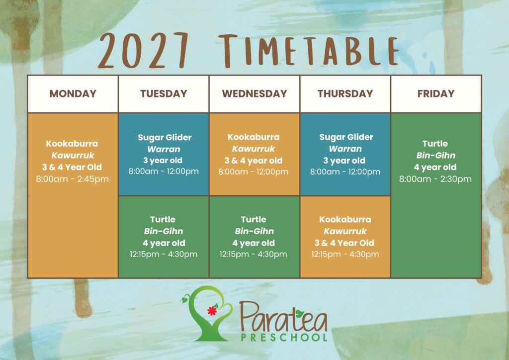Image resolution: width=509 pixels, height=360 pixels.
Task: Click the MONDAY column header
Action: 73,93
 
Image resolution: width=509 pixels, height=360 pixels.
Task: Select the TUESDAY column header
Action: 164,93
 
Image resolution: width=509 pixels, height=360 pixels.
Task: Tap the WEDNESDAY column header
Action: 254,93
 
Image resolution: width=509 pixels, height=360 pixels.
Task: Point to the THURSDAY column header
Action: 345,93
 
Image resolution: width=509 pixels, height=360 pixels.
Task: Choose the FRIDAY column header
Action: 436,93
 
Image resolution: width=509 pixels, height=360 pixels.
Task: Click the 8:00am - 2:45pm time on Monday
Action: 73,179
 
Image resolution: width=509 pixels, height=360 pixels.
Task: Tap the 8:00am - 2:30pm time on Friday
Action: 435,179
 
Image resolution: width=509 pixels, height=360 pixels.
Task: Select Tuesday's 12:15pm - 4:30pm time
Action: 164,254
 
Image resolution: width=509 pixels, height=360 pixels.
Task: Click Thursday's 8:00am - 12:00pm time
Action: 345,172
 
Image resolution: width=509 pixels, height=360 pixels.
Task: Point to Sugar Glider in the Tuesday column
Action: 165,137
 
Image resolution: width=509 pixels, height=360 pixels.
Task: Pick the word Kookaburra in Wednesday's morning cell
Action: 254,137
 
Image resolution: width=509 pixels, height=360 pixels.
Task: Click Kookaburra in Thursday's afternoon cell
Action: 345,219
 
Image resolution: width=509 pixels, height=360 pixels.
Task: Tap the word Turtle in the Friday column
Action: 435,144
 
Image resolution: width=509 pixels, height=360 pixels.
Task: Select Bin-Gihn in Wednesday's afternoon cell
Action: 254,231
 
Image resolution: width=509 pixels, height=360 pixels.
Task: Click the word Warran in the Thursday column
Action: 345,149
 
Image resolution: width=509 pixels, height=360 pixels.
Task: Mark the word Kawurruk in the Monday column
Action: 73,155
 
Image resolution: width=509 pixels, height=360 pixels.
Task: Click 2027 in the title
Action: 143,50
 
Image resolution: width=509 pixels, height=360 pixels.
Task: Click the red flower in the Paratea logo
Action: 212,311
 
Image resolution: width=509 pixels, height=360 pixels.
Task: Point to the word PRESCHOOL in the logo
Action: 284,337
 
